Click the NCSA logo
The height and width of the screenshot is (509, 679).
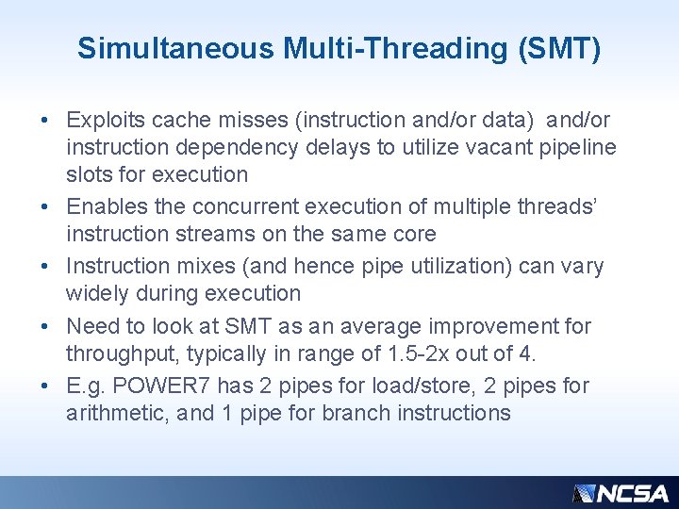tap(621, 493)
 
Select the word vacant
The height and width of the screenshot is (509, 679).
tap(485, 148)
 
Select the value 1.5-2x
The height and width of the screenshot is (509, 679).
tap(416, 353)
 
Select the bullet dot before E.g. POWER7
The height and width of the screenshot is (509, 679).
tap(45, 386)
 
